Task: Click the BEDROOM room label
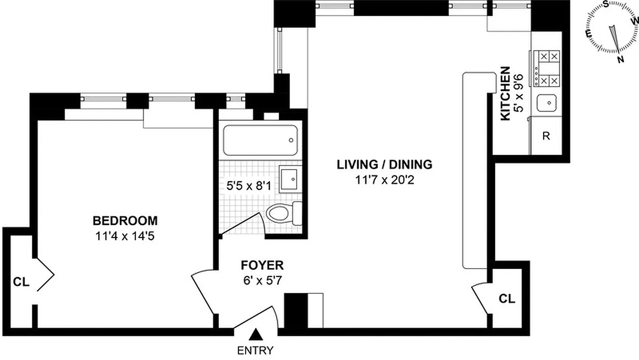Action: pos(125,221)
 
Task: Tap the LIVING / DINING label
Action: pos(385,164)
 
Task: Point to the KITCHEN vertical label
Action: pos(506,94)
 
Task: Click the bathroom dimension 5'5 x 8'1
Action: pos(249,185)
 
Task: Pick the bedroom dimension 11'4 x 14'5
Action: pos(125,236)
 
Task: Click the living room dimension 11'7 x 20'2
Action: pos(385,180)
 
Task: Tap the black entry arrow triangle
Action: pos(256,334)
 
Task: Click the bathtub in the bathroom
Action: pos(261,140)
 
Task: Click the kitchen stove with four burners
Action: pos(547,68)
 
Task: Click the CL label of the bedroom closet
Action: pos(21,282)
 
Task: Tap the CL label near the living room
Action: pos(507,298)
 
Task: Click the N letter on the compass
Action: pos(621,59)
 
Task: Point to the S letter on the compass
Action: pos(607,4)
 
